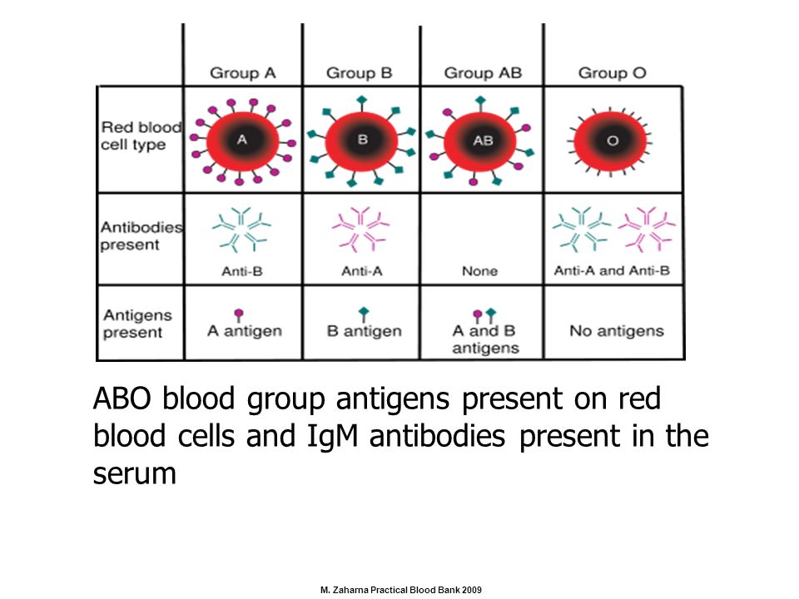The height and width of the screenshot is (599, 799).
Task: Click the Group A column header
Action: (242, 73)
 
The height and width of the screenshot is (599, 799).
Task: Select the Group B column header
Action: (360, 73)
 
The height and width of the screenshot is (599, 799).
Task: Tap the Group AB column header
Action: (483, 73)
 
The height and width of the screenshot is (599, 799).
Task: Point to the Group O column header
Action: (612, 73)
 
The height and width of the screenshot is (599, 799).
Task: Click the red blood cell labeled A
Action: (242, 141)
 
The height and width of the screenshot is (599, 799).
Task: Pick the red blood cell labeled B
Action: (362, 141)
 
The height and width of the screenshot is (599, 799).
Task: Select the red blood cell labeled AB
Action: (480, 141)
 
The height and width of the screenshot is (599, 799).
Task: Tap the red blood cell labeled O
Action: (610, 141)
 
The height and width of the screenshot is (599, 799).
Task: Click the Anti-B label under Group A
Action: (242, 271)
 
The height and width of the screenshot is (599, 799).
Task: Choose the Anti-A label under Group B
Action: (362, 271)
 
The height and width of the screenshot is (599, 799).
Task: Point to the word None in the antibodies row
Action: (480, 271)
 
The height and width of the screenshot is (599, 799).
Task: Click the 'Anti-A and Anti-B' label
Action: (612, 270)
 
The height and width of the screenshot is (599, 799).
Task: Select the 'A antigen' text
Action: (245, 331)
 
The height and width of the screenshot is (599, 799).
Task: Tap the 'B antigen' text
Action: (365, 331)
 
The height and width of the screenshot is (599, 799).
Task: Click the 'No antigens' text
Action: (617, 331)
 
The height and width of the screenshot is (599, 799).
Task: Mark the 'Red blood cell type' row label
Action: (141, 136)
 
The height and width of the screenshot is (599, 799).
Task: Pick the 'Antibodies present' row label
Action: (141, 235)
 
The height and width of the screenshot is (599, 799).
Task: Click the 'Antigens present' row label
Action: (137, 324)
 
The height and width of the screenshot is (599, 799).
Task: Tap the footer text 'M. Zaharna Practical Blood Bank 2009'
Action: (401, 590)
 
